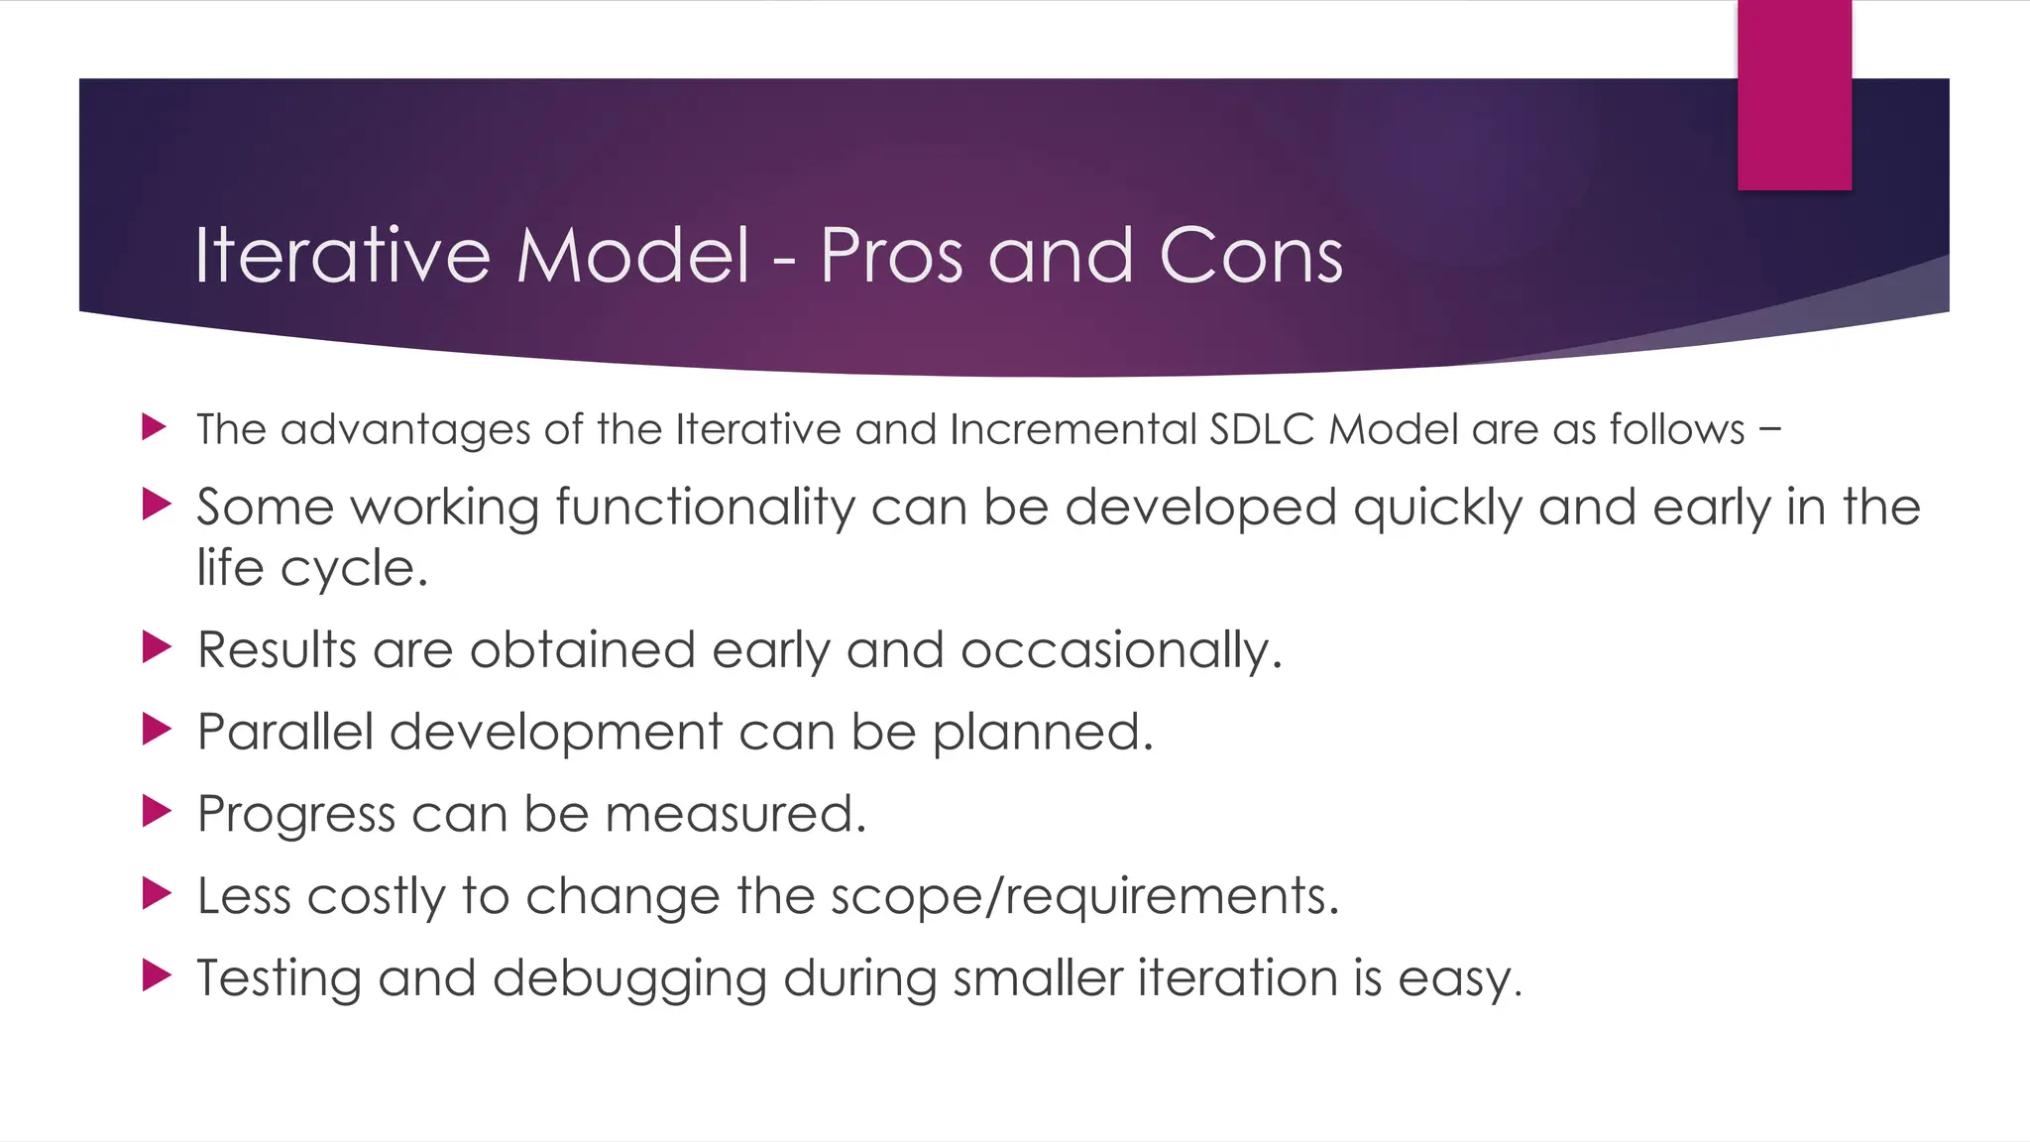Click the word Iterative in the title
pos(342,256)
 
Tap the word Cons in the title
pos(1251,256)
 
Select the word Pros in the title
pos(891,256)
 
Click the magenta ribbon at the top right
pos(1794,94)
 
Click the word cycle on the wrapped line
pos(354,569)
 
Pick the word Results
pos(277,650)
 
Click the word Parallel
pos(285,733)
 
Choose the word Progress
pos(296,815)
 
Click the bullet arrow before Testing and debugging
pos(156,974)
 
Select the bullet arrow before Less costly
pos(156,892)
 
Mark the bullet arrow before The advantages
pos(154,427)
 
